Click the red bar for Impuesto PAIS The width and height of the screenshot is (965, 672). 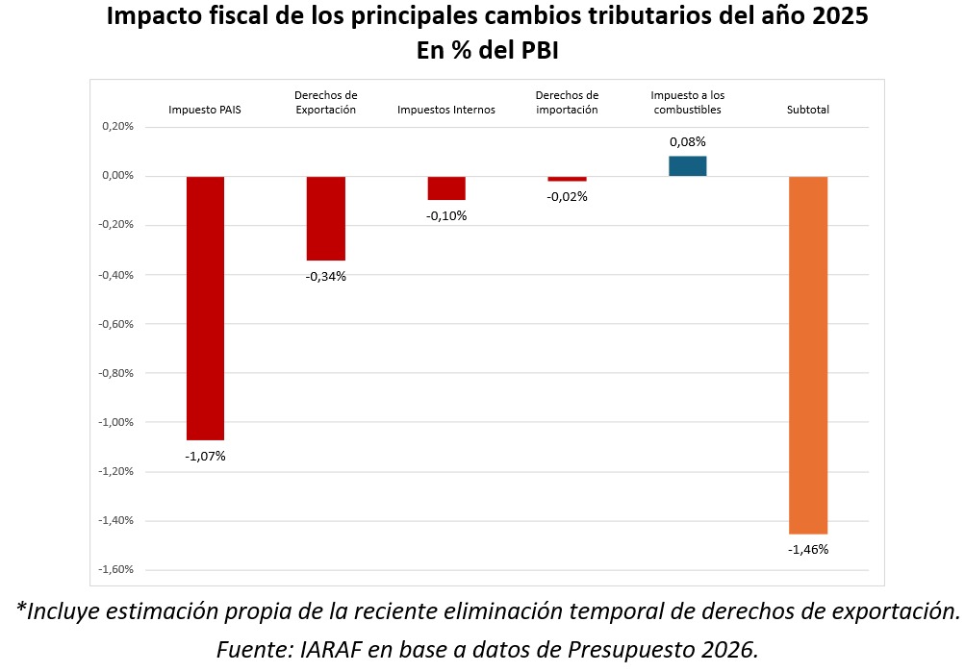click(x=205, y=308)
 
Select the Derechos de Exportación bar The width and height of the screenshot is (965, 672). click(x=325, y=218)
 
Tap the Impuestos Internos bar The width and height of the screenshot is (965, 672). click(x=446, y=188)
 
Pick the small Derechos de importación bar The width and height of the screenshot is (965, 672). click(x=567, y=179)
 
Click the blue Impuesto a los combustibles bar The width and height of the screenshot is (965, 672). click(x=687, y=166)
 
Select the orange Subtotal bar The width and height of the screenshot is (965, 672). click(x=807, y=355)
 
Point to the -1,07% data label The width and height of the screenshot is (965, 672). click(x=205, y=456)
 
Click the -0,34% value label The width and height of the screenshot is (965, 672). click(x=325, y=277)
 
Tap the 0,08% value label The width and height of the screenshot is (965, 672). click(x=687, y=141)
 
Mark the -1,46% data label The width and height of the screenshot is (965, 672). click(x=807, y=550)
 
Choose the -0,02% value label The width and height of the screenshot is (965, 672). click(x=567, y=197)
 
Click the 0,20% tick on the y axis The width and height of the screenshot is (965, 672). click(x=117, y=127)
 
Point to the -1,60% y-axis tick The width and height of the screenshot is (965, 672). click(x=115, y=570)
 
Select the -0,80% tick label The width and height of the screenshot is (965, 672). click(x=115, y=373)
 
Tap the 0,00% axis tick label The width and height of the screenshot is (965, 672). click(x=117, y=176)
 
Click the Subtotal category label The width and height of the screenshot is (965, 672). click(x=807, y=110)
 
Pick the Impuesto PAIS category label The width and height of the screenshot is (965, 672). click(x=205, y=110)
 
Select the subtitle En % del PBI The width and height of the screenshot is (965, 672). click(x=487, y=50)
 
